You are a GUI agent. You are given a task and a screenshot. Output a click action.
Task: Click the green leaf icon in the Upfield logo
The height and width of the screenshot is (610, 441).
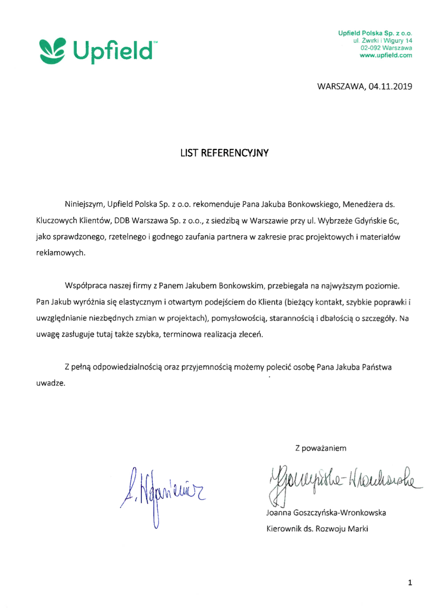(x=52, y=51)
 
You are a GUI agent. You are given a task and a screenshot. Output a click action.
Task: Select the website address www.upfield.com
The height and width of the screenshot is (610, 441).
(x=386, y=55)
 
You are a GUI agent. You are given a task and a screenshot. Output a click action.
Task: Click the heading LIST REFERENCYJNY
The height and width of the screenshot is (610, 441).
(x=224, y=153)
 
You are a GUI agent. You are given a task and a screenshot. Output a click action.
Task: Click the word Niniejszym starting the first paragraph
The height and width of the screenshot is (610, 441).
(x=84, y=204)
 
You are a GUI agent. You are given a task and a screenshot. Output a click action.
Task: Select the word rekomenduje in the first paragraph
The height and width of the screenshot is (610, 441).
(x=216, y=204)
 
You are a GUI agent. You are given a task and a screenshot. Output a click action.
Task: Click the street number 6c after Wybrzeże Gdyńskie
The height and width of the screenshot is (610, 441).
(x=393, y=221)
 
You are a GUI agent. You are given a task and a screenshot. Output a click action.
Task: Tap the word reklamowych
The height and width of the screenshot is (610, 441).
(x=60, y=253)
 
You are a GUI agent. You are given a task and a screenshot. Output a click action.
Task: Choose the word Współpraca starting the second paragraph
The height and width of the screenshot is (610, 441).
(x=86, y=286)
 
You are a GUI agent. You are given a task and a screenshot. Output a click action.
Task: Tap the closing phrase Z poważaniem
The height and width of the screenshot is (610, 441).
(x=321, y=448)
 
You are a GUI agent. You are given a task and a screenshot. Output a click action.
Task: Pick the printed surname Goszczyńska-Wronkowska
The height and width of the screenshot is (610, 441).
(x=339, y=513)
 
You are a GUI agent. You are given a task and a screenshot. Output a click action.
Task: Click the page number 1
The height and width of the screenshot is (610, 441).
(x=409, y=583)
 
